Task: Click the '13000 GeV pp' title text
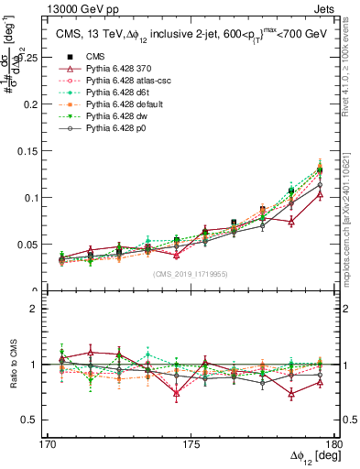click(x=56, y=8)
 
